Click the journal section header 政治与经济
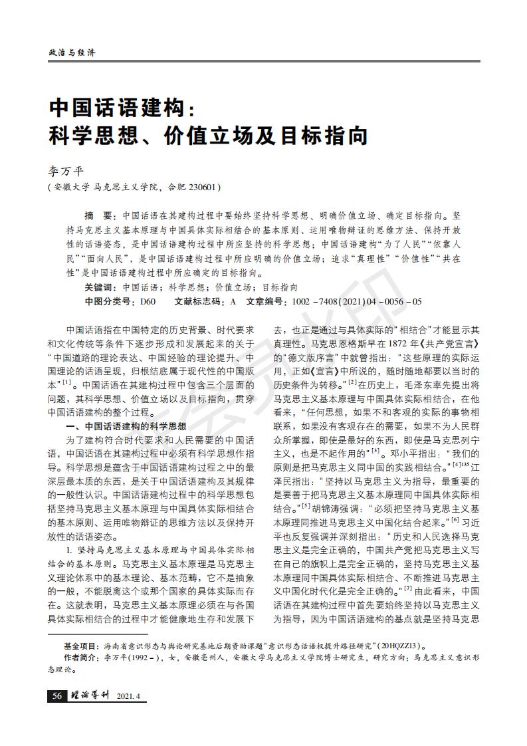coord(72,52)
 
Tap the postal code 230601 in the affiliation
coord(200,187)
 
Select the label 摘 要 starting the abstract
coord(99,216)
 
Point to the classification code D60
coord(148,301)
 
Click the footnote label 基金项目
coord(80,646)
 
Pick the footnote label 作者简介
coord(80,658)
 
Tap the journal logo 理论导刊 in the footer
coord(89,695)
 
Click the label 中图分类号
coord(109,301)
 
